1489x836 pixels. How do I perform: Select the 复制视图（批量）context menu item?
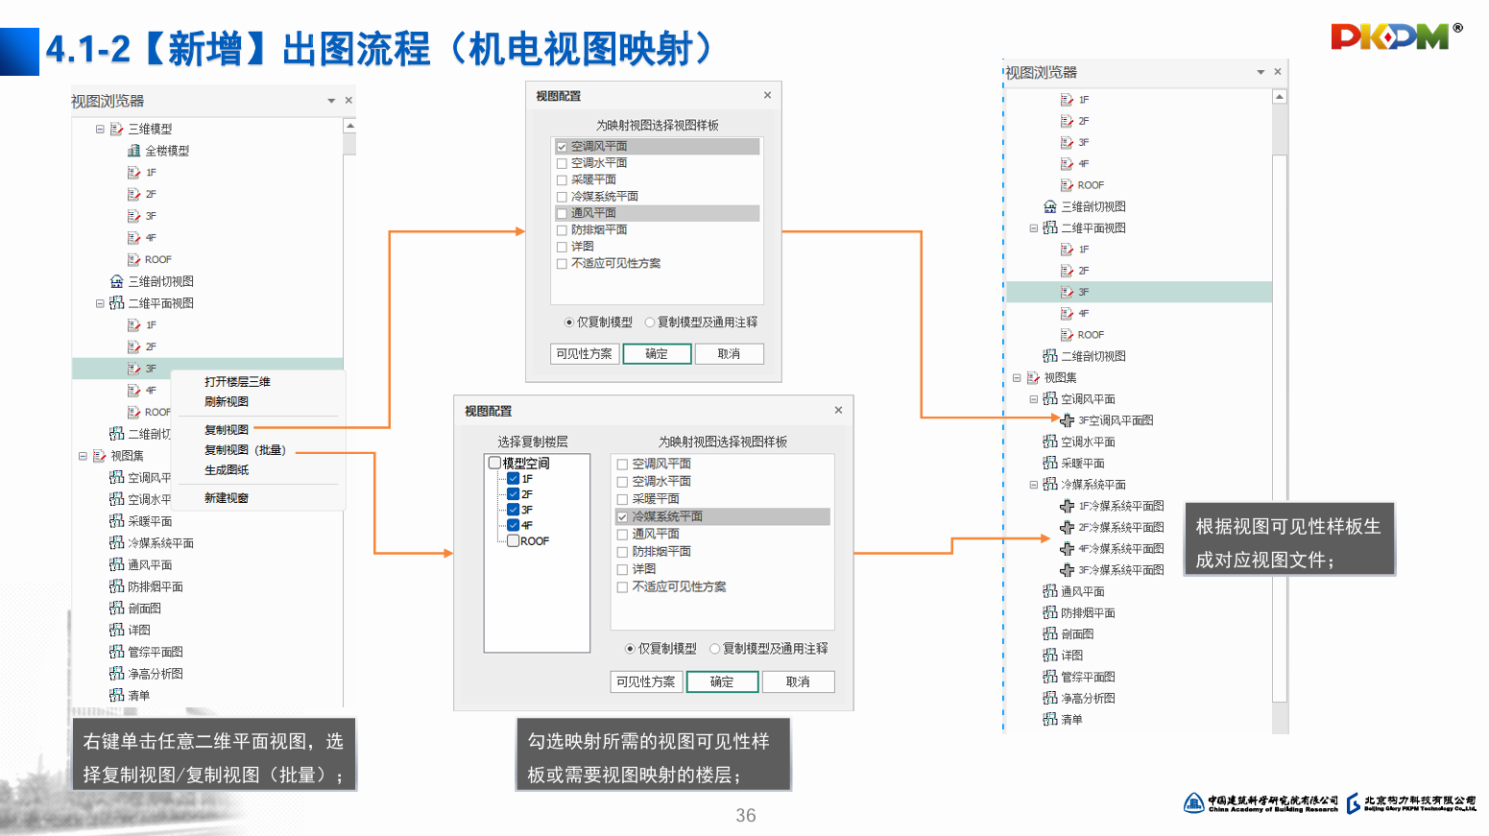point(244,450)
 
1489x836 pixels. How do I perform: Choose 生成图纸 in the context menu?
point(227,470)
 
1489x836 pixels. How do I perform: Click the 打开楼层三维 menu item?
point(237,382)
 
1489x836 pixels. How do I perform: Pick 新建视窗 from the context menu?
point(227,498)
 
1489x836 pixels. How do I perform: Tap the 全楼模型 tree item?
point(166,151)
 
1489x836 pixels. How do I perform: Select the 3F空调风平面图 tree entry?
point(1115,420)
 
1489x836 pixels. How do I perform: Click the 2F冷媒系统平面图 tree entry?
point(1120,528)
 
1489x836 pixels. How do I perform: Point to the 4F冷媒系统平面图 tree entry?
point(1120,549)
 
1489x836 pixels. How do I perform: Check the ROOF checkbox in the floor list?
point(514,541)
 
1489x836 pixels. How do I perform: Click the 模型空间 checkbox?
point(495,464)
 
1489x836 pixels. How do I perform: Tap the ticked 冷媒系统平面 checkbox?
point(622,516)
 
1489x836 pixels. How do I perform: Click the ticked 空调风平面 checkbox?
point(562,147)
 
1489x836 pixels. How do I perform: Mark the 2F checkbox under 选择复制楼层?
point(514,494)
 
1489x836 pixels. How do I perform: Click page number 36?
point(746,816)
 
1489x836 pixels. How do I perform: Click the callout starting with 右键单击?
point(214,756)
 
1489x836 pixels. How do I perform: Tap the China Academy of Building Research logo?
point(1261,803)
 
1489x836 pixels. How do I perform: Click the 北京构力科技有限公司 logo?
point(1411,803)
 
